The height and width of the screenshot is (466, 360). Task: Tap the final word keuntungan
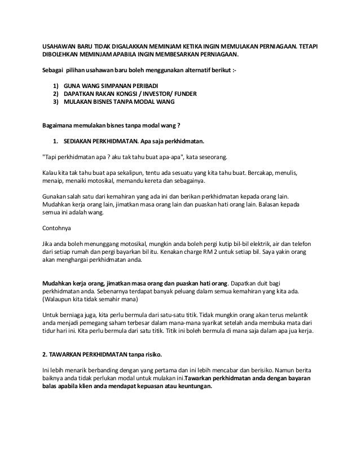187,387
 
